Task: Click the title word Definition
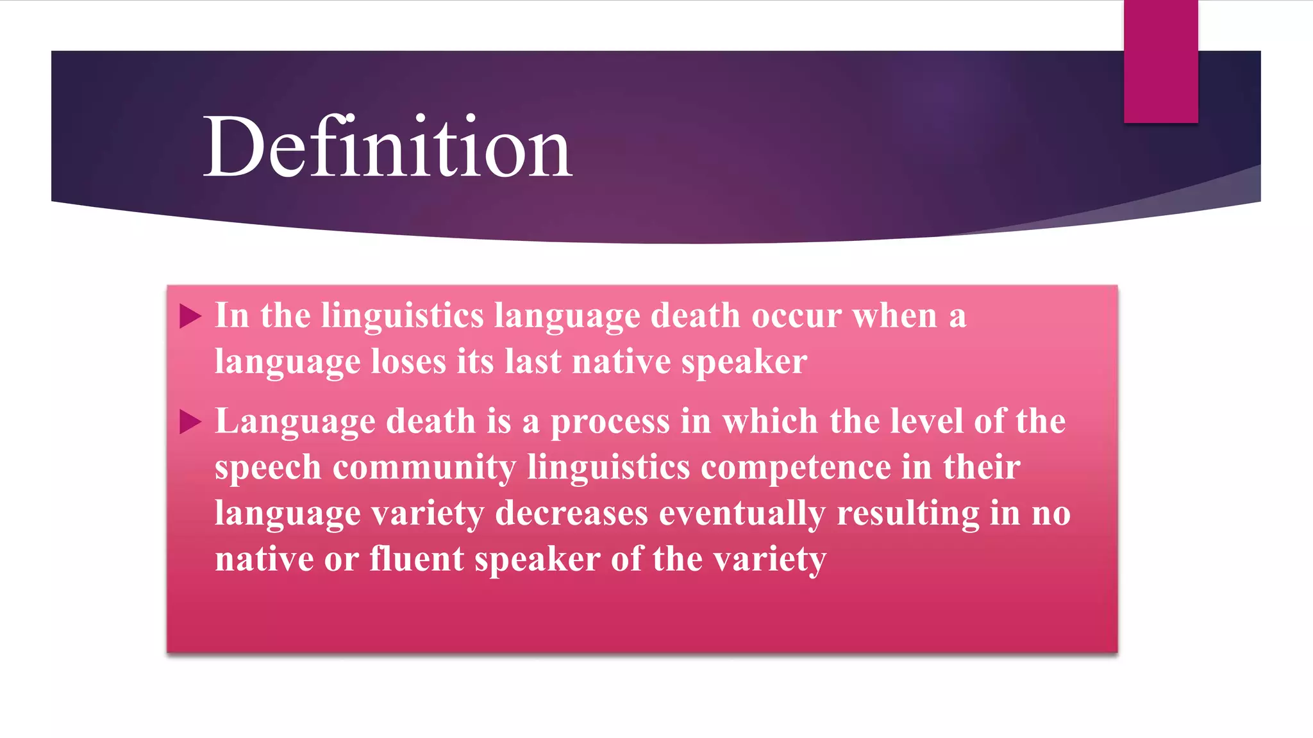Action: tap(387, 147)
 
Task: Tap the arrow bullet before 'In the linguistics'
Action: tap(190, 316)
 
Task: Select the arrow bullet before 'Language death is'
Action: tap(190, 422)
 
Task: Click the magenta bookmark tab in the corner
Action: tap(1160, 61)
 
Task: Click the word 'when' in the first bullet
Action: tap(895, 316)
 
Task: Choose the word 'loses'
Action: tap(408, 362)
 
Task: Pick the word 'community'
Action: tap(424, 468)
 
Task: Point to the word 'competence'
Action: tap(796, 468)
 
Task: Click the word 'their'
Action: tap(982, 467)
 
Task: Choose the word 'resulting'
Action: tap(908, 514)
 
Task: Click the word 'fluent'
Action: tap(417, 559)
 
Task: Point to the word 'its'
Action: tap(475, 362)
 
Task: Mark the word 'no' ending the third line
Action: tap(1051, 514)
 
